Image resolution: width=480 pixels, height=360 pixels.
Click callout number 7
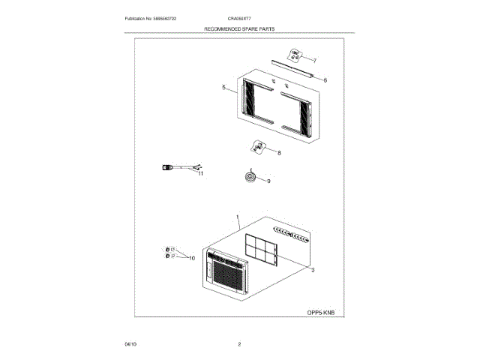[x=314, y=60]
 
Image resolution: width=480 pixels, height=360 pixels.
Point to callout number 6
[x=324, y=79]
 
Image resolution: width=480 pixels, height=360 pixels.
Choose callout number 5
[x=223, y=88]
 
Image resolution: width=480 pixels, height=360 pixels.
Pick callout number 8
[x=279, y=153]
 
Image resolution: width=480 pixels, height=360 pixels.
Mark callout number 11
[x=200, y=173]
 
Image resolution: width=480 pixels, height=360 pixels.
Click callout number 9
[x=268, y=181]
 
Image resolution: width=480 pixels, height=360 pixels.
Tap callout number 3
[x=312, y=269]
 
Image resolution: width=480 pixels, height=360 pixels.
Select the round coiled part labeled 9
[x=250, y=176]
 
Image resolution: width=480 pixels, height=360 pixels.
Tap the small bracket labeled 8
[x=259, y=148]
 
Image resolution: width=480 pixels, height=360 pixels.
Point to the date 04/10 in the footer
[x=130, y=343]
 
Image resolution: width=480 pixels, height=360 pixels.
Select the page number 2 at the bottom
[x=238, y=343]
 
